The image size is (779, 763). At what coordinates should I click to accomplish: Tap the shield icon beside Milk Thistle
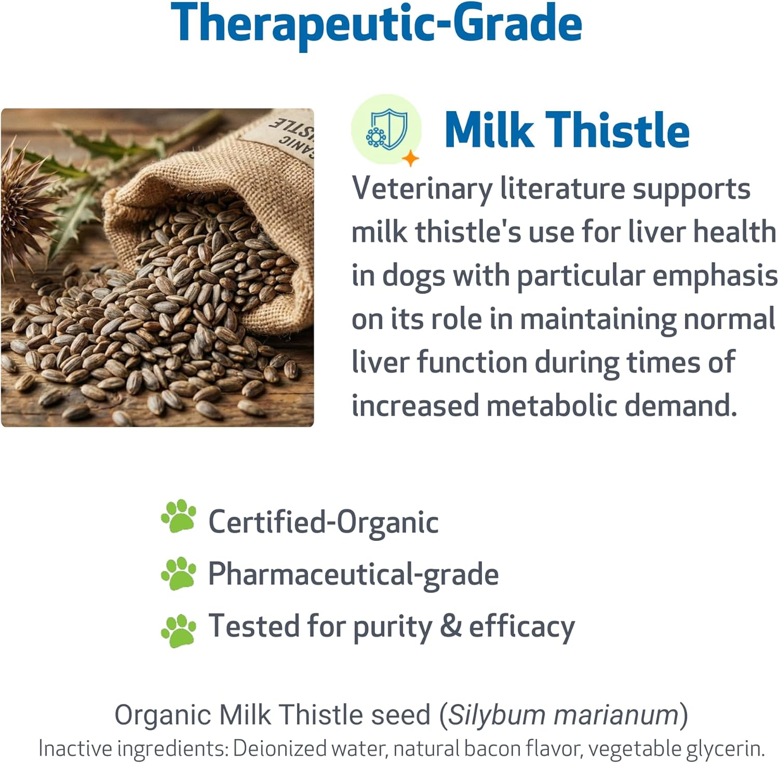(x=386, y=129)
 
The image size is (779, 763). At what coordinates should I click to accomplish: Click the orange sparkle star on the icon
(x=410, y=158)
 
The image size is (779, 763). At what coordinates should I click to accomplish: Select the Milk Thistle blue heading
(x=567, y=130)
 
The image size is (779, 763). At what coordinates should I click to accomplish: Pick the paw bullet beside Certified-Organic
(x=179, y=516)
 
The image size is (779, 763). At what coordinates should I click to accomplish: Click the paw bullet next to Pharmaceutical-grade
(x=179, y=574)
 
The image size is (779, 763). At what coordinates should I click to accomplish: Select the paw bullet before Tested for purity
(x=179, y=631)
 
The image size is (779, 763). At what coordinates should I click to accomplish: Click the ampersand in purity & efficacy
(x=450, y=626)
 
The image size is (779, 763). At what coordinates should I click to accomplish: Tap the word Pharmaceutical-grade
(x=353, y=574)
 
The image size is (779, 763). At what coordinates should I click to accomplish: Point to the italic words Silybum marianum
(x=564, y=715)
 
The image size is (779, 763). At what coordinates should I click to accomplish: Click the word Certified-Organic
(x=323, y=522)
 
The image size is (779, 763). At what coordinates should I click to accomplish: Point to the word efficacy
(x=522, y=627)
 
